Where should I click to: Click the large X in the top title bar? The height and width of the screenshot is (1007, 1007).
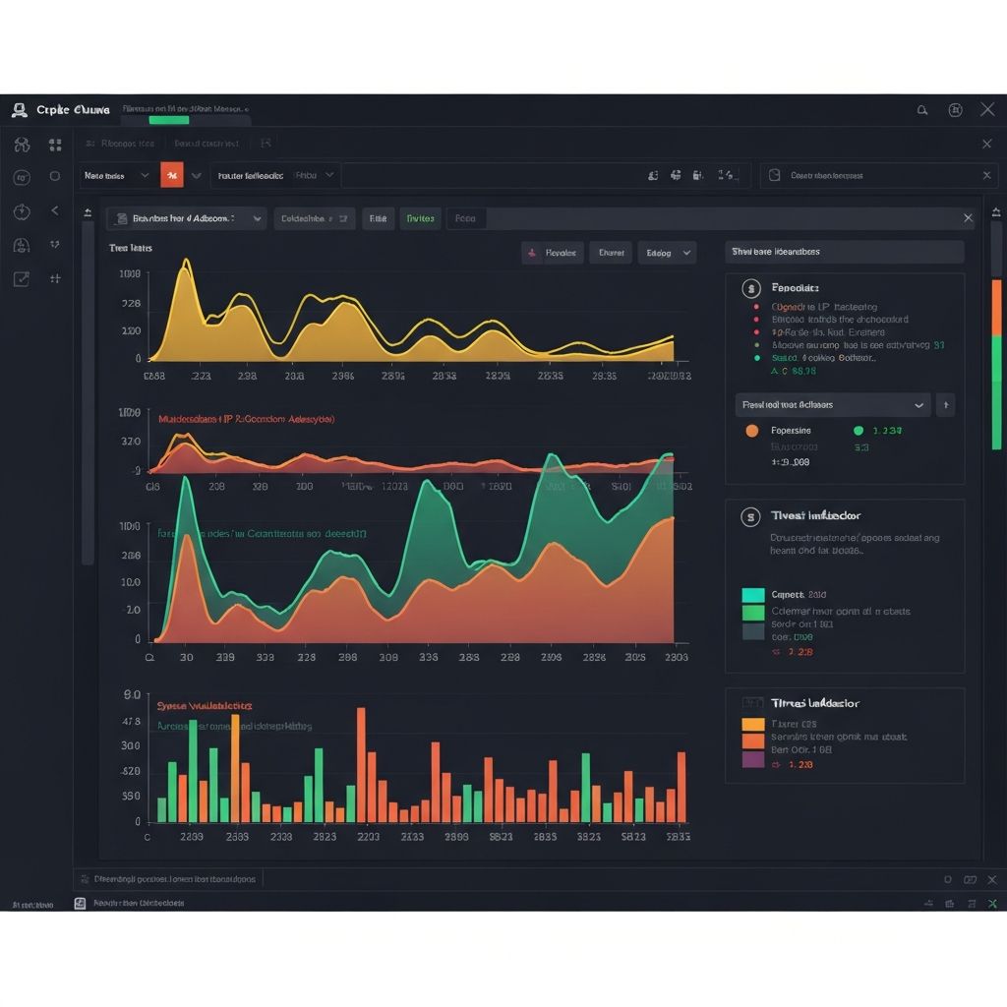[x=987, y=110]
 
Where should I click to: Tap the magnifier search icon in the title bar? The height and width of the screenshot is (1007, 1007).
[x=922, y=110]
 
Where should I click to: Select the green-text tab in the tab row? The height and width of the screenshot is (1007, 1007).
[x=420, y=218]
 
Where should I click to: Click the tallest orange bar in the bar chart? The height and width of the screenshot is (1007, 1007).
[x=361, y=764]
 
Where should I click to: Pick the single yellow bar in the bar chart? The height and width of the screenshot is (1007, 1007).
[x=235, y=768]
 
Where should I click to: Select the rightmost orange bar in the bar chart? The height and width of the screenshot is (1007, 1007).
[x=681, y=787]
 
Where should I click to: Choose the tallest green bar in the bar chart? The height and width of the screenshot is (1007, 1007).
[x=193, y=770]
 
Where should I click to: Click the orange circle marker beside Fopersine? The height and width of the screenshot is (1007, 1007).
[x=752, y=431]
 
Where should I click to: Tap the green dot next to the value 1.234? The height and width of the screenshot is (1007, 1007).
[x=858, y=431]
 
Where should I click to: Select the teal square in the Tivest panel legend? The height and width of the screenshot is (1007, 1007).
[x=753, y=596]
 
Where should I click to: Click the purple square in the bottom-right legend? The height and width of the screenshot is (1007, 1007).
[x=753, y=759]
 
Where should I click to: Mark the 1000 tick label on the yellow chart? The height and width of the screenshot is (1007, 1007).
[x=130, y=274]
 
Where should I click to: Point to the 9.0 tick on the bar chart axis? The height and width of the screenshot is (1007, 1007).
[x=133, y=694]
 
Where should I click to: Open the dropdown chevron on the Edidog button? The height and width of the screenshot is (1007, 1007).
[x=686, y=254]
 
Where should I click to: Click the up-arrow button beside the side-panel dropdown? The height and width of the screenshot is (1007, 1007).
[x=945, y=404]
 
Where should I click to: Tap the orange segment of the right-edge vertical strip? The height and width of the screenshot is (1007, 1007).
[x=996, y=307]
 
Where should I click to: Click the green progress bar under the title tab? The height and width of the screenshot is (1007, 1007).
[x=168, y=121]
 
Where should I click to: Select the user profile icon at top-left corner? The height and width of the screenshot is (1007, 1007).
[x=20, y=110]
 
